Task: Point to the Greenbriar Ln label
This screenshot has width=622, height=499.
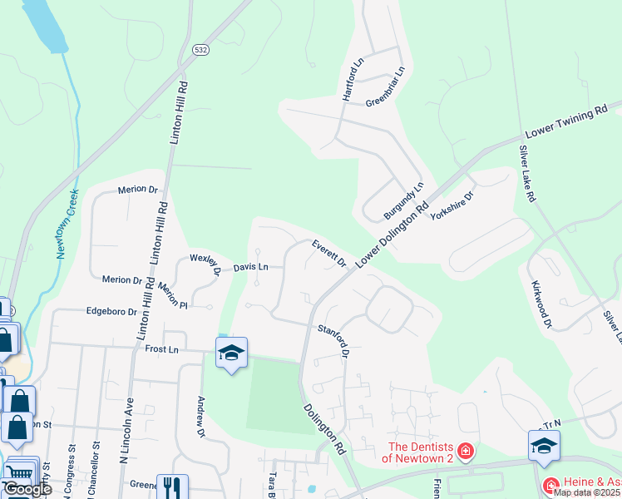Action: point(384,91)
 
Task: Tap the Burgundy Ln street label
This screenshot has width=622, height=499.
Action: point(403,201)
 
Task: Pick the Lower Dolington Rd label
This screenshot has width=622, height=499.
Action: point(392,236)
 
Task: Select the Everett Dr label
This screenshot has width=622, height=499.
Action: point(329,254)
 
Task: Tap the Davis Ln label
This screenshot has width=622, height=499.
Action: point(250,267)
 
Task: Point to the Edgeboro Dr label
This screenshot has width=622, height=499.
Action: point(111,311)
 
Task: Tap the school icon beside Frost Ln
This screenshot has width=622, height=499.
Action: point(231,353)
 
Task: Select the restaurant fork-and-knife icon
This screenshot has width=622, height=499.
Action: point(172,487)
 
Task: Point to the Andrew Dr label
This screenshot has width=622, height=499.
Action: point(200,416)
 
